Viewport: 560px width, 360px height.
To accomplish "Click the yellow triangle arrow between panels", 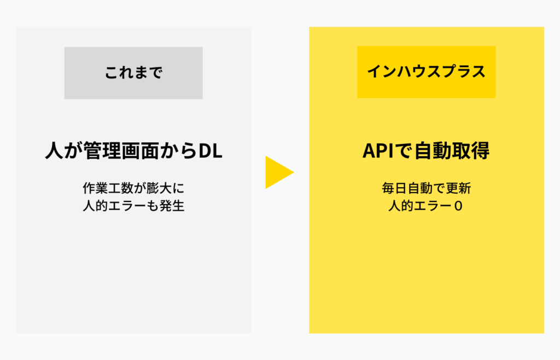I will pos(278,172).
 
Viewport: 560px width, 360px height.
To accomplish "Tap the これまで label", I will pos(133,73).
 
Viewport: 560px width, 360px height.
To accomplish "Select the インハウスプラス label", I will pos(426,72).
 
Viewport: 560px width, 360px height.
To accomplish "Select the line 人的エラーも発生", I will pos(133,206).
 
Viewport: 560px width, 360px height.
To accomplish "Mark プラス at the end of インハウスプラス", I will pos(466,72).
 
